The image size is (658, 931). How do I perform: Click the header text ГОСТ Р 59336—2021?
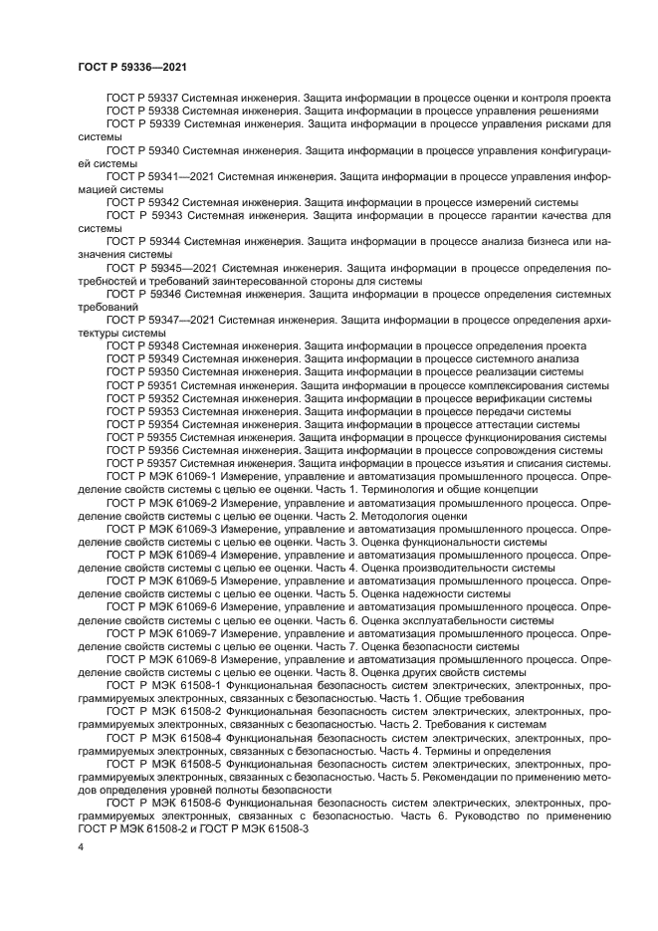pos(133,66)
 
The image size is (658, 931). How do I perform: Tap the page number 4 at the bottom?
pos(81,845)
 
